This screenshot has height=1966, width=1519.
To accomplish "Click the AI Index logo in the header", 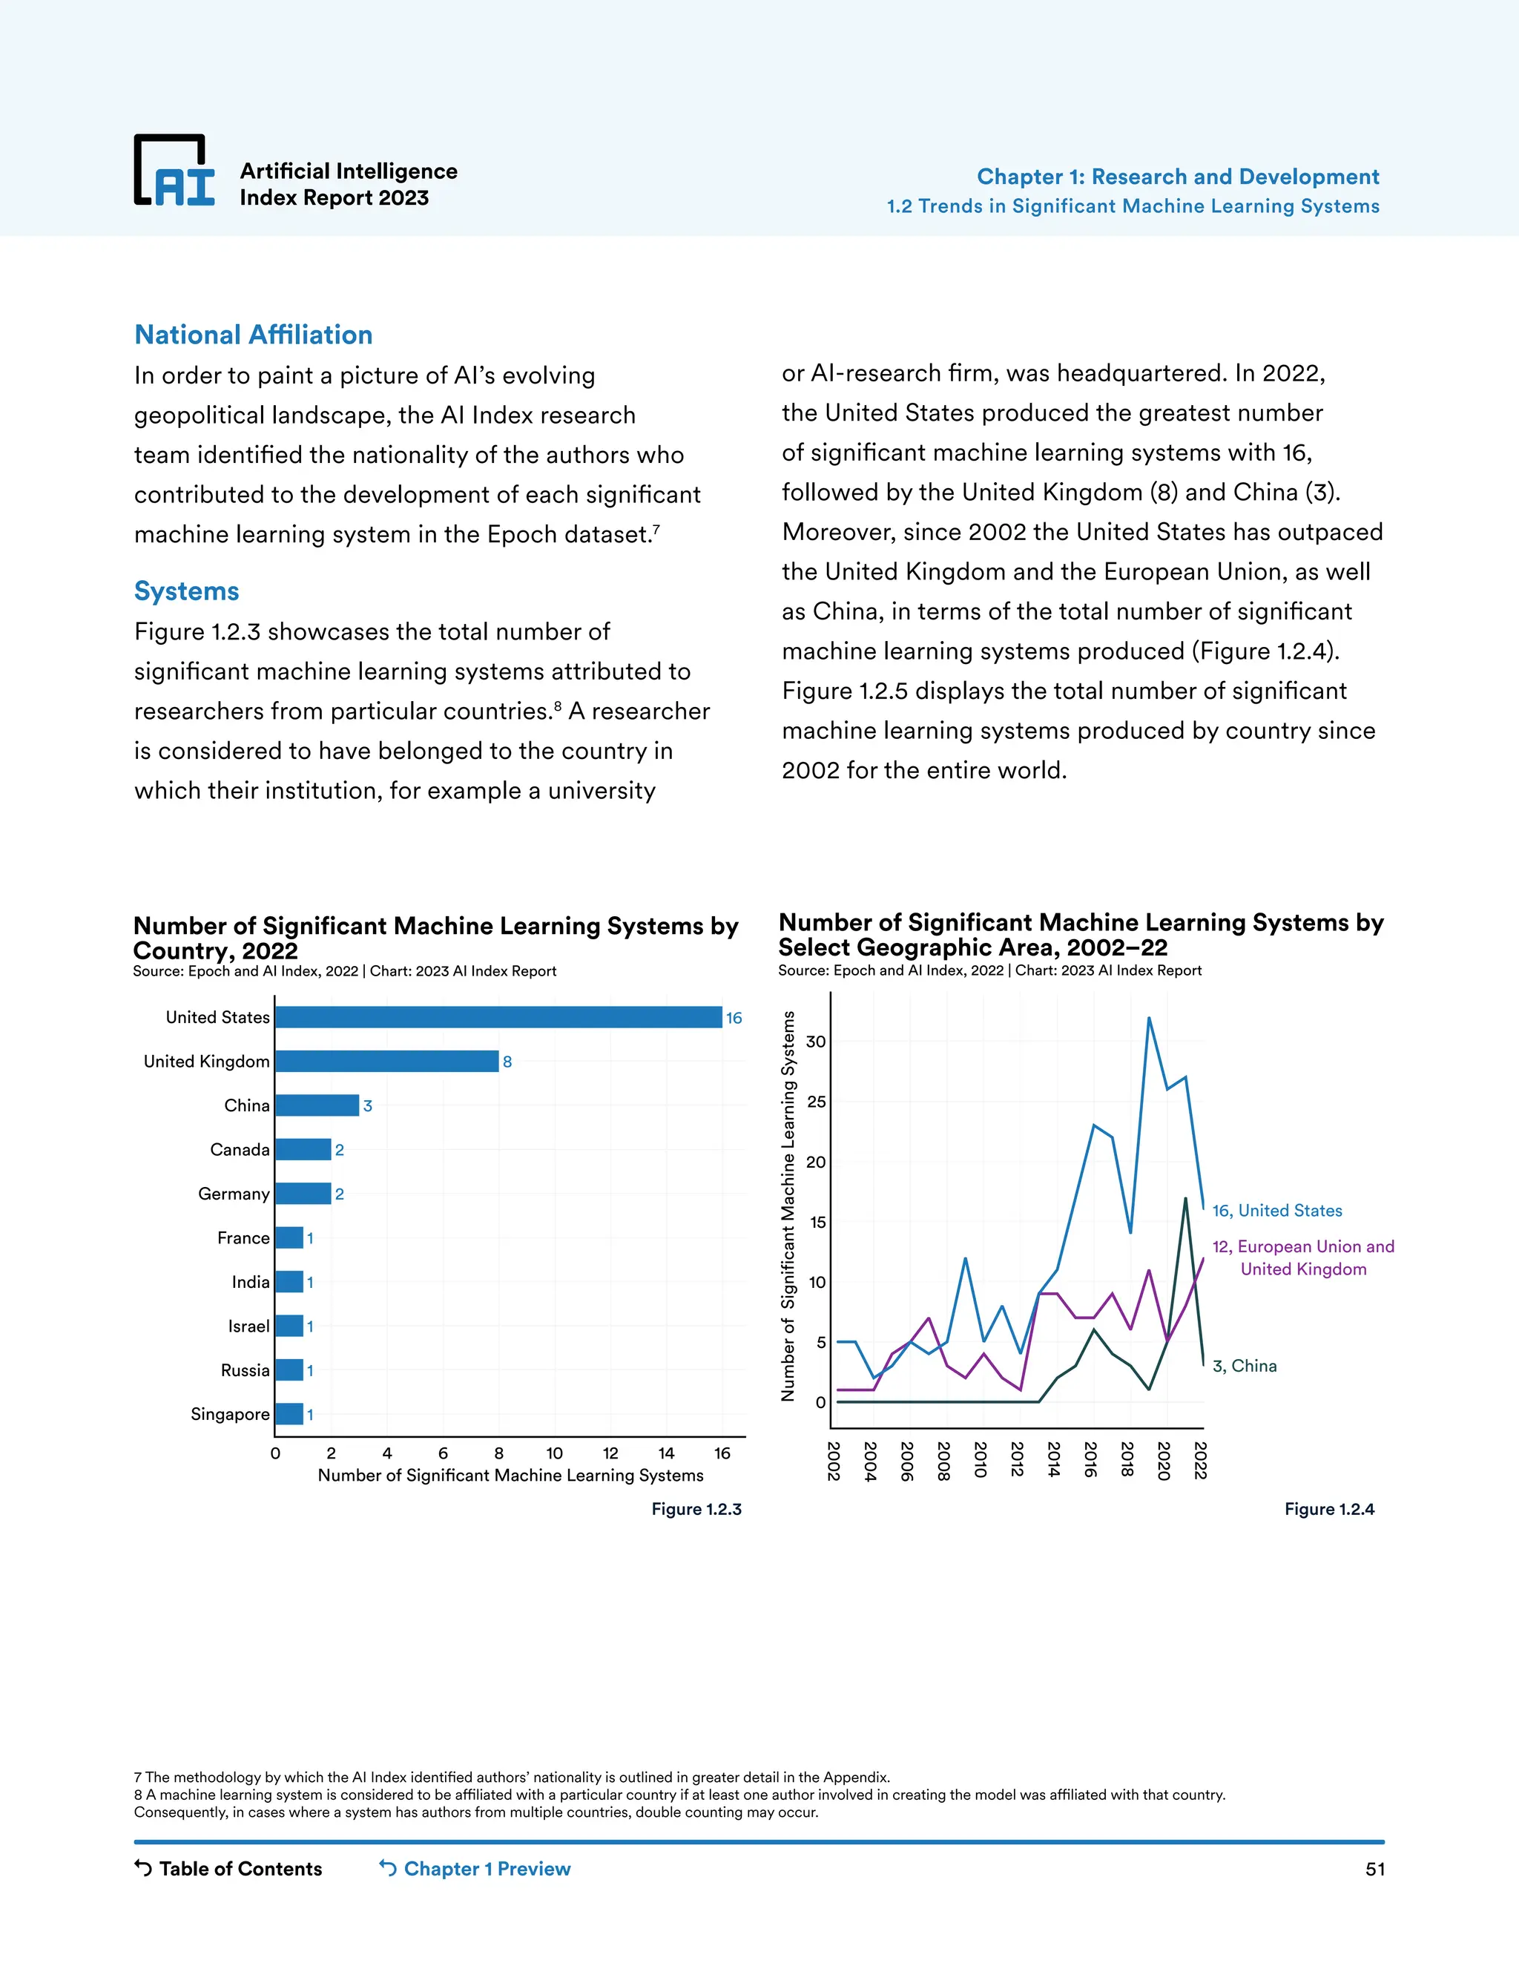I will click(x=174, y=171).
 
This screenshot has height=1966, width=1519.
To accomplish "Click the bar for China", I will click(x=317, y=1105).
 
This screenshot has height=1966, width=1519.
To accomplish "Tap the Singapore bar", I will click(x=289, y=1414).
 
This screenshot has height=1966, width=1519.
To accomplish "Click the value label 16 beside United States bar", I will click(x=734, y=1018).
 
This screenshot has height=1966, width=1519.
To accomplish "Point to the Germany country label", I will click(x=234, y=1194).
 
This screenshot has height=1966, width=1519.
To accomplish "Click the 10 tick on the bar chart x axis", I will click(x=554, y=1453).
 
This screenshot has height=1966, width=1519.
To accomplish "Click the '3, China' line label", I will click(x=1244, y=1366).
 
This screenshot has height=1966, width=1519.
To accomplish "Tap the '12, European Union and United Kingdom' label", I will click(x=1302, y=1257).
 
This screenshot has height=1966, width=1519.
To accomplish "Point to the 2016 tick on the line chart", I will click(x=1090, y=1460).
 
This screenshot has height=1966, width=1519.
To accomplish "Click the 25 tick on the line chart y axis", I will click(x=816, y=1102).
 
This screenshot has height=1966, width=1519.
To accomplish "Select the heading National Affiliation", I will click(x=253, y=335).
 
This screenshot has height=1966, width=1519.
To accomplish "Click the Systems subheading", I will click(x=186, y=591).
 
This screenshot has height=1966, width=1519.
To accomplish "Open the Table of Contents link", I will click(x=228, y=1869).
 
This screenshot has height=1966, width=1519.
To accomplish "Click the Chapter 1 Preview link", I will click(x=475, y=1869).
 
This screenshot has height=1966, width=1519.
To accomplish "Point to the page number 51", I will click(x=1374, y=1869).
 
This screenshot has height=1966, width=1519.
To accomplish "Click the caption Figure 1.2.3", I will click(x=696, y=1510).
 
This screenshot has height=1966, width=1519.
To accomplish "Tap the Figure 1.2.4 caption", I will click(x=1329, y=1510).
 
